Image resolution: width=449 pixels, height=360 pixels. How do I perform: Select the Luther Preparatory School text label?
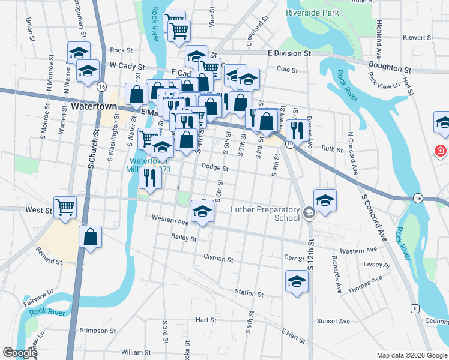(265, 214)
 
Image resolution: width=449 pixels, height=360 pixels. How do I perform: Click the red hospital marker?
(442, 150)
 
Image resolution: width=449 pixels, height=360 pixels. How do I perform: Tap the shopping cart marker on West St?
(65, 208)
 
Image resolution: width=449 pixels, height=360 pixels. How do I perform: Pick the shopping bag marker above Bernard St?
(90, 236)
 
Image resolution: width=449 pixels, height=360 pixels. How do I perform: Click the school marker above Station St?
(296, 281)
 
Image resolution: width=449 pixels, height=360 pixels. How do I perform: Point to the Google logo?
(20, 353)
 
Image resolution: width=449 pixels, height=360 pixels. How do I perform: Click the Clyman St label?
(218, 259)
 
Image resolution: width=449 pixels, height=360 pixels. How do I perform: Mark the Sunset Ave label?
(333, 322)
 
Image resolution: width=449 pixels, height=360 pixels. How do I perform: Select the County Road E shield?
(414, 308)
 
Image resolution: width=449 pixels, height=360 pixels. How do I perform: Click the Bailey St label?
(184, 239)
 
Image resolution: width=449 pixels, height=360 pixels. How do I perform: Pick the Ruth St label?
(331, 148)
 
